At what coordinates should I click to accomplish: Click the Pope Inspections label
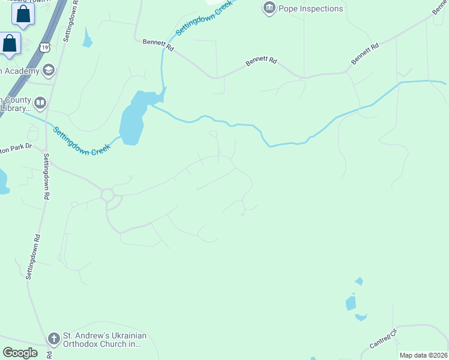tap(310, 8)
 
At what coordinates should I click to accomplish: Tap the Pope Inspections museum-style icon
tap(269, 8)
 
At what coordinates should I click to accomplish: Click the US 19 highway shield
tap(45, 46)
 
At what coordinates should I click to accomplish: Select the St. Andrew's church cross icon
tap(53, 338)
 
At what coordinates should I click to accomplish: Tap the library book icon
tap(40, 103)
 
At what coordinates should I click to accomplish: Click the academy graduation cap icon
tap(49, 71)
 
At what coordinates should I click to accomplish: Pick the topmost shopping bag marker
tap(23, 14)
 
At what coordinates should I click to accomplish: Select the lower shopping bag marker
tap(10, 43)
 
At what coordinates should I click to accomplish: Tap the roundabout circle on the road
tap(107, 195)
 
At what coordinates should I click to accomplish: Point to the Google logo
tap(20, 353)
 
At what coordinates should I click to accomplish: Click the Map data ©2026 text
tap(423, 355)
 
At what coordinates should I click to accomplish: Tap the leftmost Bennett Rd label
tap(158, 46)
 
